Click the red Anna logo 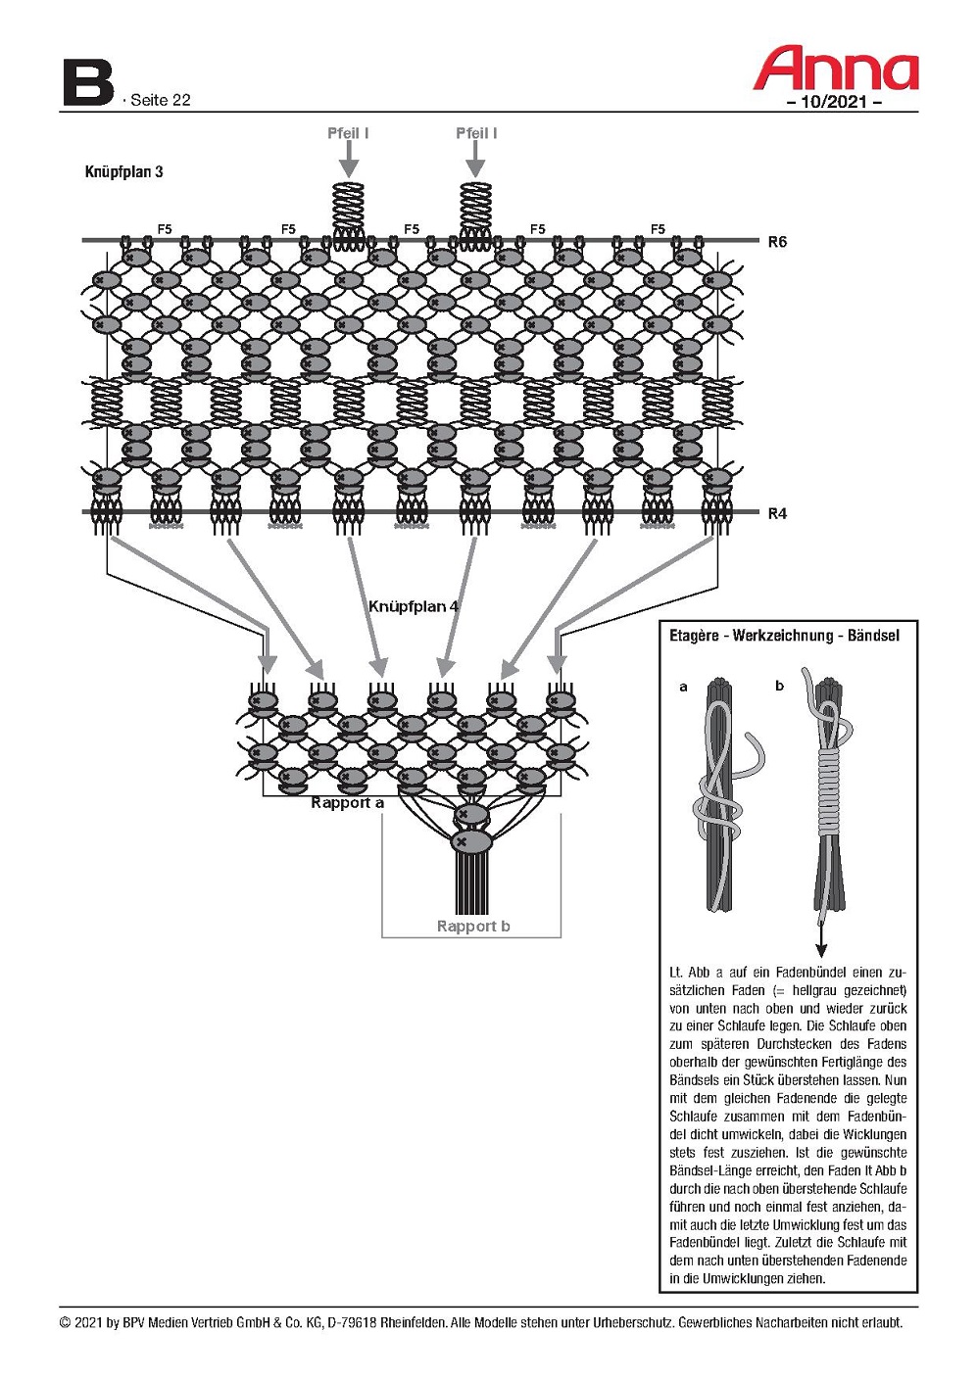click(836, 68)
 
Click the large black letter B click(88, 82)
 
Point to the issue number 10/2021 click(834, 102)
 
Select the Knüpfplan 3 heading click(124, 171)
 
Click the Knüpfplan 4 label click(414, 606)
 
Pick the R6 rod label click(777, 242)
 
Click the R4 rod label click(777, 513)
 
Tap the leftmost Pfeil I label click(348, 132)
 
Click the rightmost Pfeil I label click(476, 132)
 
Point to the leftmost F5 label click(165, 229)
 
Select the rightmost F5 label click(659, 229)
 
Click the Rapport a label click(347, 803)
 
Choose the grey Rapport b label click(473, 926)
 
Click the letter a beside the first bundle click(683, 687)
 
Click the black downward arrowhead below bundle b click(821, 950)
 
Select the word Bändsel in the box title click(873, 635)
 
